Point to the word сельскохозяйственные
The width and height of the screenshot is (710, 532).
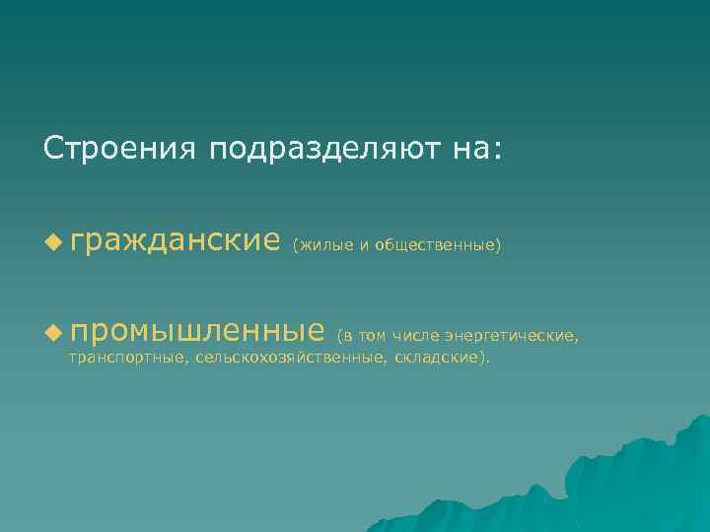[x=288, y=358]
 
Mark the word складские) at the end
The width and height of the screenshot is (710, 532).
[x=440, y=358]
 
